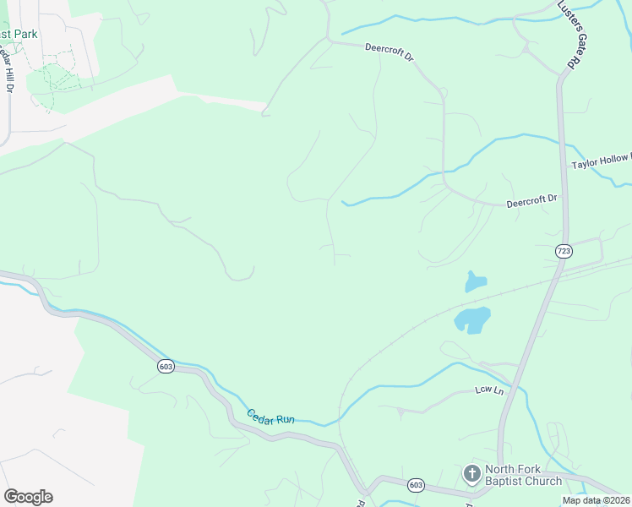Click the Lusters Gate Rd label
click(x=570, y=35)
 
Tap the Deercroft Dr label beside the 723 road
click(x=531, y=201)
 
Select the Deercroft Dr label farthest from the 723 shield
click(x=390, y=53)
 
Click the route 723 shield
click(x=564, y=251)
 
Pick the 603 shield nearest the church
click(x=415, y=484)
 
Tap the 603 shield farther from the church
click(x=166, y=366)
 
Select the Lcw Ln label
click(x=488, y=391)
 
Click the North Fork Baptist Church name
click(x=523, y=475)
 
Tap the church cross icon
click(x=471, y=473)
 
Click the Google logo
click(x=28, y=496)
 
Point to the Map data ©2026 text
click(x=594, y=500)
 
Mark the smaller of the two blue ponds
click(x=476, y=281)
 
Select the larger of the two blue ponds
click(x=472, y=319)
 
